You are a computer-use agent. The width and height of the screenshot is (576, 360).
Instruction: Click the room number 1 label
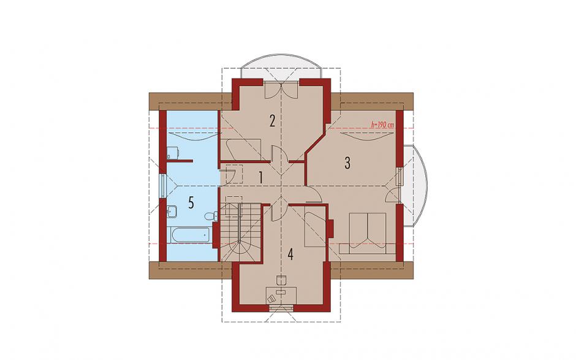[x=260, y=177]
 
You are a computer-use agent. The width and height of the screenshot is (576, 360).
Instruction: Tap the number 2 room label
[x=272, y=121]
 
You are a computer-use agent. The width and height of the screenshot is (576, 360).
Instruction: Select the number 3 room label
[x=347, y=163]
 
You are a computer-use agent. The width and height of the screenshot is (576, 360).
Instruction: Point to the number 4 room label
[x=290, y=254]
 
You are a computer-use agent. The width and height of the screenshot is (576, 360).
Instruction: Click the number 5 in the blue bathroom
[x=191, y=202]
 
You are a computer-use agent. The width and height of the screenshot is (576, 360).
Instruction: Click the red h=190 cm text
[x=383, y=125]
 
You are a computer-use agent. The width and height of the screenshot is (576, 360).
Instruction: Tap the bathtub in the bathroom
[x=189, y=235]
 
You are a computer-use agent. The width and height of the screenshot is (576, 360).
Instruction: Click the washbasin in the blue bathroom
[x=172, y=212]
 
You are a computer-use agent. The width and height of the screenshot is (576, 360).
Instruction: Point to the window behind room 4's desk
[x=281, y=308]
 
